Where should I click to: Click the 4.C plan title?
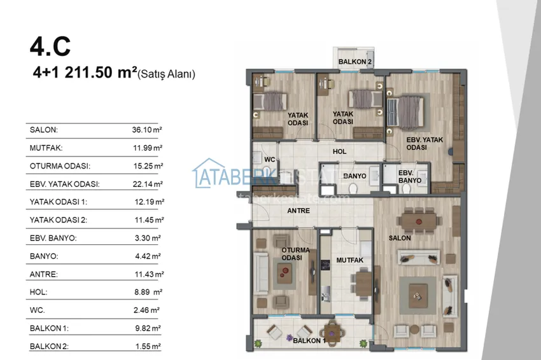click(50, 46)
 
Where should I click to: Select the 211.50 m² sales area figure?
click(101, 73)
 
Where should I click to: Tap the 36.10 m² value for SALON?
click(147, 130)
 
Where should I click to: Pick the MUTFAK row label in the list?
click(46, 148)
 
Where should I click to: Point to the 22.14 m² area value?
click(148, 184)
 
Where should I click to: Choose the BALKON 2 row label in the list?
click(49, 346)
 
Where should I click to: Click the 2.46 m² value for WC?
click(146, 310)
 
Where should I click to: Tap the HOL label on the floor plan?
click(339, 151)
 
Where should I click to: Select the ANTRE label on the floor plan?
click(299, 211)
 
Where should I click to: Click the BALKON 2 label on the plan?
click(355, 62)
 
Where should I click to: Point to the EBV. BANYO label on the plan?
click(410, 177)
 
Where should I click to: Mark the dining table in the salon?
click(419, 221)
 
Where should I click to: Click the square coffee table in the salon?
click(418, 296)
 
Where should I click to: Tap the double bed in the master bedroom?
click(406, 112)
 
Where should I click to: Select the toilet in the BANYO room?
click(353, 189)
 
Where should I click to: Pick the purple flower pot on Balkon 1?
click(290, 338)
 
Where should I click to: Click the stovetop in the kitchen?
click(325, 265)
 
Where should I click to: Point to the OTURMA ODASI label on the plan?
click(295, 254)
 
